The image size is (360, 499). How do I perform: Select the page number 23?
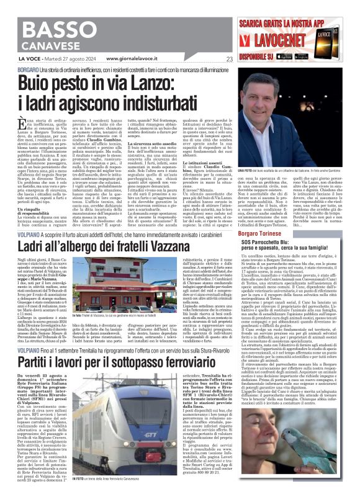point(229,59)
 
